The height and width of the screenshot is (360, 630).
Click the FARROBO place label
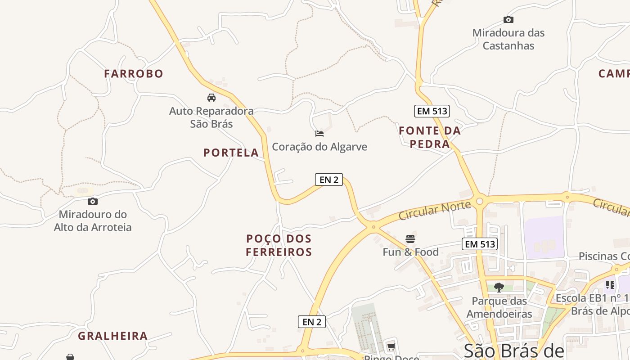click(x=134, y=73)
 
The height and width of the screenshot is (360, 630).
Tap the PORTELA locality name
click(x=231, y=153)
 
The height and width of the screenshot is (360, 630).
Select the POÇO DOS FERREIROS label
click(x=279, y=245)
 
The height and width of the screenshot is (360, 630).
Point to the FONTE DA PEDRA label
click(x=430, y=137)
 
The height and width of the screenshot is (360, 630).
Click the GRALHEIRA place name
click(x=113, y=336)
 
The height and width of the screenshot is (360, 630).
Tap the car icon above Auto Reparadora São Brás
click(x=211, y=97)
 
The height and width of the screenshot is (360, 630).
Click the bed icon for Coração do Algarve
click(x=319, y=134)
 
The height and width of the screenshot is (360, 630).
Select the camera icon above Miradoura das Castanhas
click(x=508, y=19)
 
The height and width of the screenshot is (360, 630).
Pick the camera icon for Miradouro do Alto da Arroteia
click(x=93, y=201)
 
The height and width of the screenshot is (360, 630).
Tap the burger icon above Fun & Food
click(x=410, y=238)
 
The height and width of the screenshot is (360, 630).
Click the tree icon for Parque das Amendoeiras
click(x=499, y=287)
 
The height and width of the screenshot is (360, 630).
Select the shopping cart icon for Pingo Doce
click(x=391, y=346)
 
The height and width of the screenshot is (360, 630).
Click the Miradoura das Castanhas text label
click(x=508, y=39)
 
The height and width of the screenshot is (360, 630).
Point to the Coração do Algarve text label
click(x=319, y=147)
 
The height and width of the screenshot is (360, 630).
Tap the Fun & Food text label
click(x=410, y=252)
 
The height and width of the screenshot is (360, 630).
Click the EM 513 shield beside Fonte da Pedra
click(x=432, y=111)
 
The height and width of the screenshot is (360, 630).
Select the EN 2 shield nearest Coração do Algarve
click(x=328, y=180)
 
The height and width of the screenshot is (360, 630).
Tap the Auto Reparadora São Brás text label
click(x=211, y=117)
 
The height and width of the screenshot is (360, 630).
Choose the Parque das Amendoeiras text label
click(x=499, y=307)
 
